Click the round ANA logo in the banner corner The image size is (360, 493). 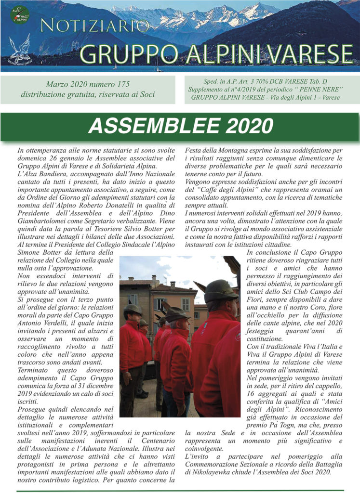point(20,13)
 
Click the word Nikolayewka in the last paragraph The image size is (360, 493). point(212,472)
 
